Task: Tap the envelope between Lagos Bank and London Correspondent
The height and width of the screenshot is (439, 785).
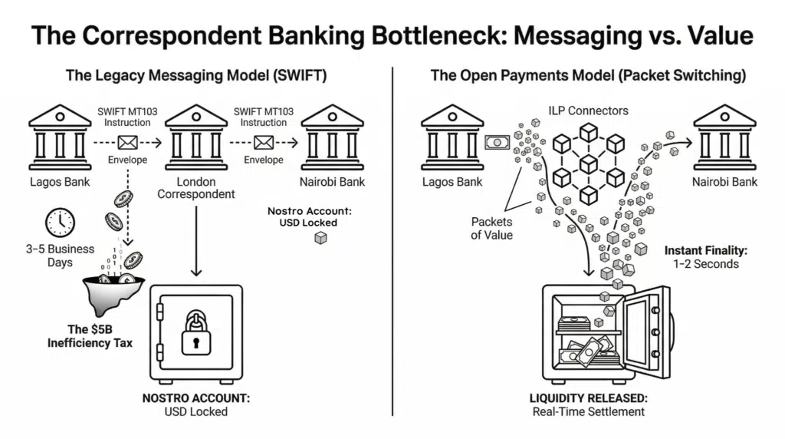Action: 126,142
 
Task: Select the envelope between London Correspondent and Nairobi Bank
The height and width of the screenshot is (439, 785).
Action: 264,142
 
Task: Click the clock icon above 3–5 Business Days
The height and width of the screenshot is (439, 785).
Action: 60,223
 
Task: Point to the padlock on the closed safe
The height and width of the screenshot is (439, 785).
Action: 196,331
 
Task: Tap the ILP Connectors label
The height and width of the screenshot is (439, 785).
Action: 587,111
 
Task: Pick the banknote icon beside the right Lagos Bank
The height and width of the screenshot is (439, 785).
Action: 497,142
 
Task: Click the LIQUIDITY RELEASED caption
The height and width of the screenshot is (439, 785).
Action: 588,398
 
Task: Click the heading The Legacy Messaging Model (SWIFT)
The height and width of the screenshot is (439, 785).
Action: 195,76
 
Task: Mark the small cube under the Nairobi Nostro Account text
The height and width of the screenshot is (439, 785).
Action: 320,239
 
